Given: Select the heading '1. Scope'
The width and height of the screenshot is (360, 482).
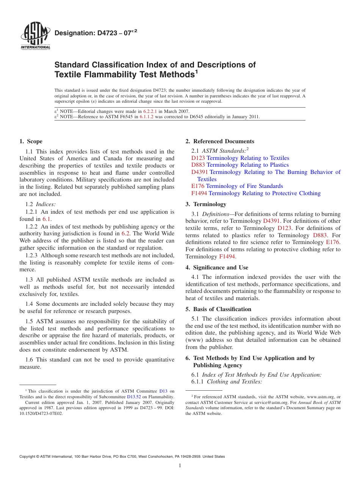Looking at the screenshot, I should tap(31, 141).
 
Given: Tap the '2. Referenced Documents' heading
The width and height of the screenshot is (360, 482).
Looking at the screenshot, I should tap(220, 141).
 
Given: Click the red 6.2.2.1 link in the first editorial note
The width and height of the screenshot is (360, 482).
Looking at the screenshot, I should tap(150, 111).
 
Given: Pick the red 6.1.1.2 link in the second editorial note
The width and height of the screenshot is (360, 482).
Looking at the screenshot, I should tap(146, 117).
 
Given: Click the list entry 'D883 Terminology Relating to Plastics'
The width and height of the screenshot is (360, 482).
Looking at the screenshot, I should tap(240, 165).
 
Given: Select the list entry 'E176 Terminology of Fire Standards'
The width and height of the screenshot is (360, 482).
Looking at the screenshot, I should tap(237, 186).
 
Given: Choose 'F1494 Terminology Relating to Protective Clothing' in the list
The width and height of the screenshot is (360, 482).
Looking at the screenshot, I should tap(256, 193).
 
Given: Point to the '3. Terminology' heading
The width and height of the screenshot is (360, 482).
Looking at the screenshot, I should tap(206, 204).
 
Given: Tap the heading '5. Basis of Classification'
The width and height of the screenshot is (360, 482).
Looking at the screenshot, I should tap(218, 309).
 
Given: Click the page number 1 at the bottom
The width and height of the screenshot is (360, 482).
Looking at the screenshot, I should tap(180, 466).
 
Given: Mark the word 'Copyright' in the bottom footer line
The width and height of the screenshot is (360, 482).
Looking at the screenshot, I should tap(28, 457).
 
